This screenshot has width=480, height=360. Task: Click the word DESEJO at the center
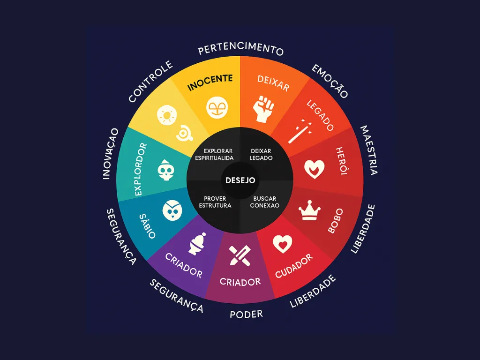(240, 180)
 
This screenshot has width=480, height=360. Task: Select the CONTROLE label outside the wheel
(150, 81)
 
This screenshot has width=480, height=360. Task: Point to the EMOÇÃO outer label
(330, 82)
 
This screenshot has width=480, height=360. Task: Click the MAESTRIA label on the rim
(369, 150)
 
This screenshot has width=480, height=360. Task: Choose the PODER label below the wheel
(247, 314)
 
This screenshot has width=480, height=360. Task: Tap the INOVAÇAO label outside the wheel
(110, 154)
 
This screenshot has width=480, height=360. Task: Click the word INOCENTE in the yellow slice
(210, 82)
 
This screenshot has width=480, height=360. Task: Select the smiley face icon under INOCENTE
(217, 108)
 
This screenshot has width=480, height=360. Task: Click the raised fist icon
(263, 109)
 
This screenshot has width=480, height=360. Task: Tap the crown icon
(309, 210)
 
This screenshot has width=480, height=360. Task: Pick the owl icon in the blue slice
(172, 210)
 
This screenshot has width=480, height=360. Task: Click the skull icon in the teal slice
(165, 170)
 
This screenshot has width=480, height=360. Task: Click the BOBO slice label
(336, 221)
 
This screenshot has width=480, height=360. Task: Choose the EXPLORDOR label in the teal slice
(141, 169)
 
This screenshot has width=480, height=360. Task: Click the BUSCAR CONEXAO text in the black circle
(264, 202)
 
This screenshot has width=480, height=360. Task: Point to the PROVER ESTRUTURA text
(215, 202)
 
